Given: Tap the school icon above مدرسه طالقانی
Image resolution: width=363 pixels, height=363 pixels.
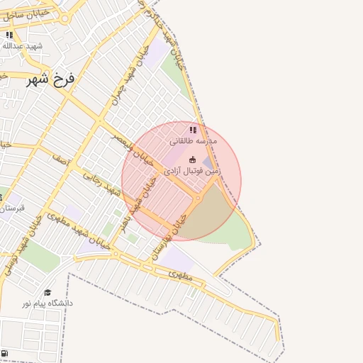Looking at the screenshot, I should click(193, 130).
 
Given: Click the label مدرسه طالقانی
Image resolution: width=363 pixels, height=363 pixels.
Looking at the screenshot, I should click(193, 141).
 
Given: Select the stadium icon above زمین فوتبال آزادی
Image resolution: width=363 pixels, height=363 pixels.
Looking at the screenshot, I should click(193, 159).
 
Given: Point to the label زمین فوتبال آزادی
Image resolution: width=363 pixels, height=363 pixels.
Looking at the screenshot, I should click(193, 171).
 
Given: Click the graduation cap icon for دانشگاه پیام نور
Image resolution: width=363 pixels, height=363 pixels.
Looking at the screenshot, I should click(48, 292).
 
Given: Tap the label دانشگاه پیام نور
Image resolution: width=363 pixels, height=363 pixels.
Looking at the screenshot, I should click(48, 303).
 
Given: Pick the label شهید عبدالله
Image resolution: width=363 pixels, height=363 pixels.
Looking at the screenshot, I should click(23, 46).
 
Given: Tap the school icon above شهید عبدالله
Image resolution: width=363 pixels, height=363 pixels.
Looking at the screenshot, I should click(9, 35).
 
